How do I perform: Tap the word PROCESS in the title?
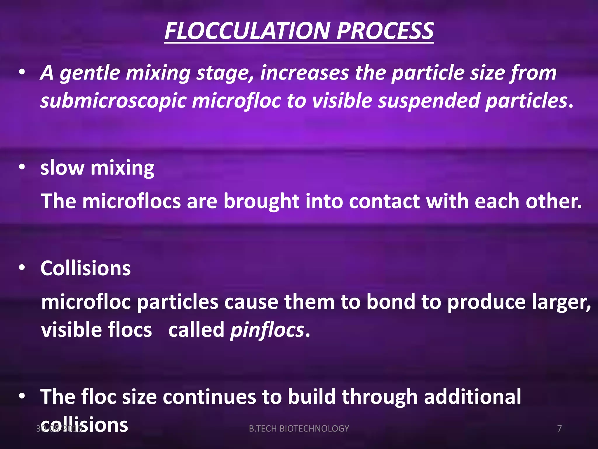385,31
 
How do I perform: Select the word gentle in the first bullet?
90,73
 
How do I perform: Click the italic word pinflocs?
267,330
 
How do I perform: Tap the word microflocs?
131,201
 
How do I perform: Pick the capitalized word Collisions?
86,268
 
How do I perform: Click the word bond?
391,302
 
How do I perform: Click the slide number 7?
559,429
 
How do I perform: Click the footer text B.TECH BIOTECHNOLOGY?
299,429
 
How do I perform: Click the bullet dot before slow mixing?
22,167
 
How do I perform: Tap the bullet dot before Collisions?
22,267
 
